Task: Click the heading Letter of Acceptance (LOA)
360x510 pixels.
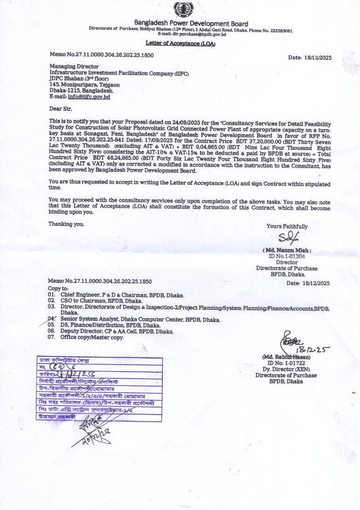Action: click(180, 43)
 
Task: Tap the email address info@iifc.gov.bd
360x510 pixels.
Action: click(89, 96)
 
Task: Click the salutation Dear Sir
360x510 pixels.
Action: click(59, 109)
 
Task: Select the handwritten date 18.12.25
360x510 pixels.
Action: click(313, 349)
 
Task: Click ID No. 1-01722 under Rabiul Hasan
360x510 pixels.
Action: click(286, 363)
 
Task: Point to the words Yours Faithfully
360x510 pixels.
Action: click(287, 226)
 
